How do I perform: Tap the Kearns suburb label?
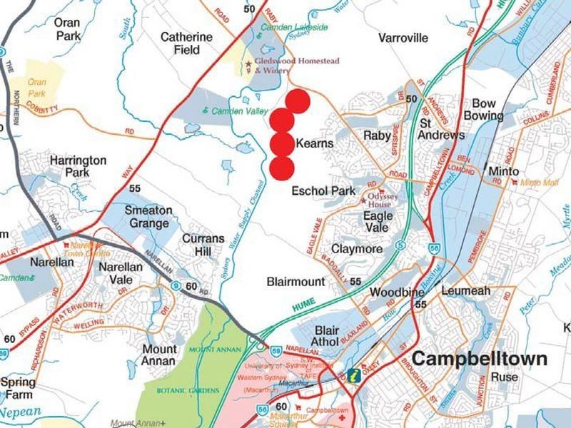[317, 143]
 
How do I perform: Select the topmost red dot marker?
[297, 101]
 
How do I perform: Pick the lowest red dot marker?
[282, 168]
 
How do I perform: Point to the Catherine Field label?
[186, 44]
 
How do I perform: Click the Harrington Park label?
[79, 166]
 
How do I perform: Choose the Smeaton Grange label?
[148, 217]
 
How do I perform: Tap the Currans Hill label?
[203, 245]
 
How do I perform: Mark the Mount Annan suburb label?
[159, 355]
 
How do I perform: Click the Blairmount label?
[296, 282]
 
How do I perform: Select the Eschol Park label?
[323, 191]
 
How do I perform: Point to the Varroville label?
[403, 37]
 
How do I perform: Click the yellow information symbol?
[353, 374]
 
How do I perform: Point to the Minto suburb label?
[504, 172]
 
